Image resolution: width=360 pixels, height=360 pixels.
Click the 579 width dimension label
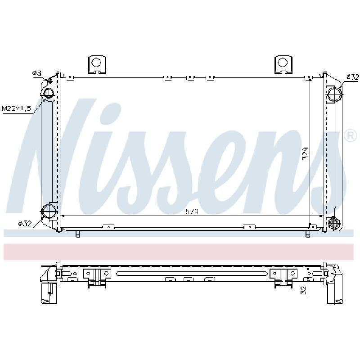[192, 211]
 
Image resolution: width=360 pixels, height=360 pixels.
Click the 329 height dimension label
[306, 153]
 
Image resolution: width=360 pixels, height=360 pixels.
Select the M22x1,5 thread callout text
[16, 108]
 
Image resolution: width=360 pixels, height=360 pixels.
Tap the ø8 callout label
[37, 73]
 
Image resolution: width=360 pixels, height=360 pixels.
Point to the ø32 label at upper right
[352, 77]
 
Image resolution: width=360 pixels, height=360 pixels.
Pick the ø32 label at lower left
[25, 223]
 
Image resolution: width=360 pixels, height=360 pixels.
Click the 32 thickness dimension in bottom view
[303, 290]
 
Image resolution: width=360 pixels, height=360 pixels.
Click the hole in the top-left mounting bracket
[96, 62]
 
